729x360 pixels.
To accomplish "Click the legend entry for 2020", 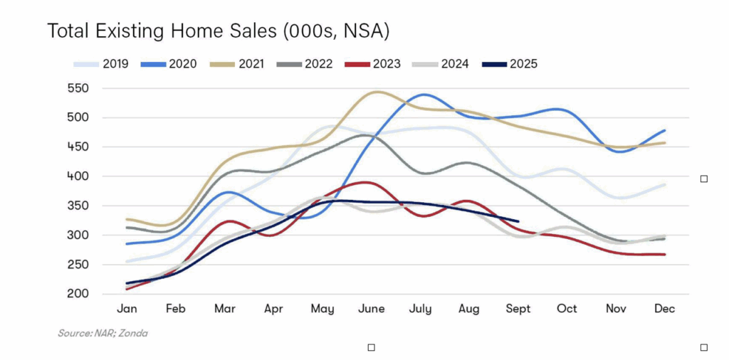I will tap(169, 64).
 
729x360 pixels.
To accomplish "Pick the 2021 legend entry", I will tap(236, 64).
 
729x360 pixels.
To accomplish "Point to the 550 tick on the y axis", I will tap(95, 89).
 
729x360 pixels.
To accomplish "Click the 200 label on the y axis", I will tap(95, 294).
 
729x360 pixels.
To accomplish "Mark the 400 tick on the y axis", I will tap(95, 176).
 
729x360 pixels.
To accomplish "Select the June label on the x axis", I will tap(372, 309).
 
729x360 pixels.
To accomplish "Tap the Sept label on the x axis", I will tap(518, 309).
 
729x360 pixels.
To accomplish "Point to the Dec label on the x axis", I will tap(665, 309).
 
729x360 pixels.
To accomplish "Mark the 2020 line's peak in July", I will tap(424, 95).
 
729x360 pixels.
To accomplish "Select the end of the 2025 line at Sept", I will tap(518, 221).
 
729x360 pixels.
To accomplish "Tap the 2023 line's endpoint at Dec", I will tap(665, 254).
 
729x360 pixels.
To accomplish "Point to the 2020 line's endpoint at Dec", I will tap(665, 130).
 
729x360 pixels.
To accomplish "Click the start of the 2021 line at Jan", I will tap(126, 219).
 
